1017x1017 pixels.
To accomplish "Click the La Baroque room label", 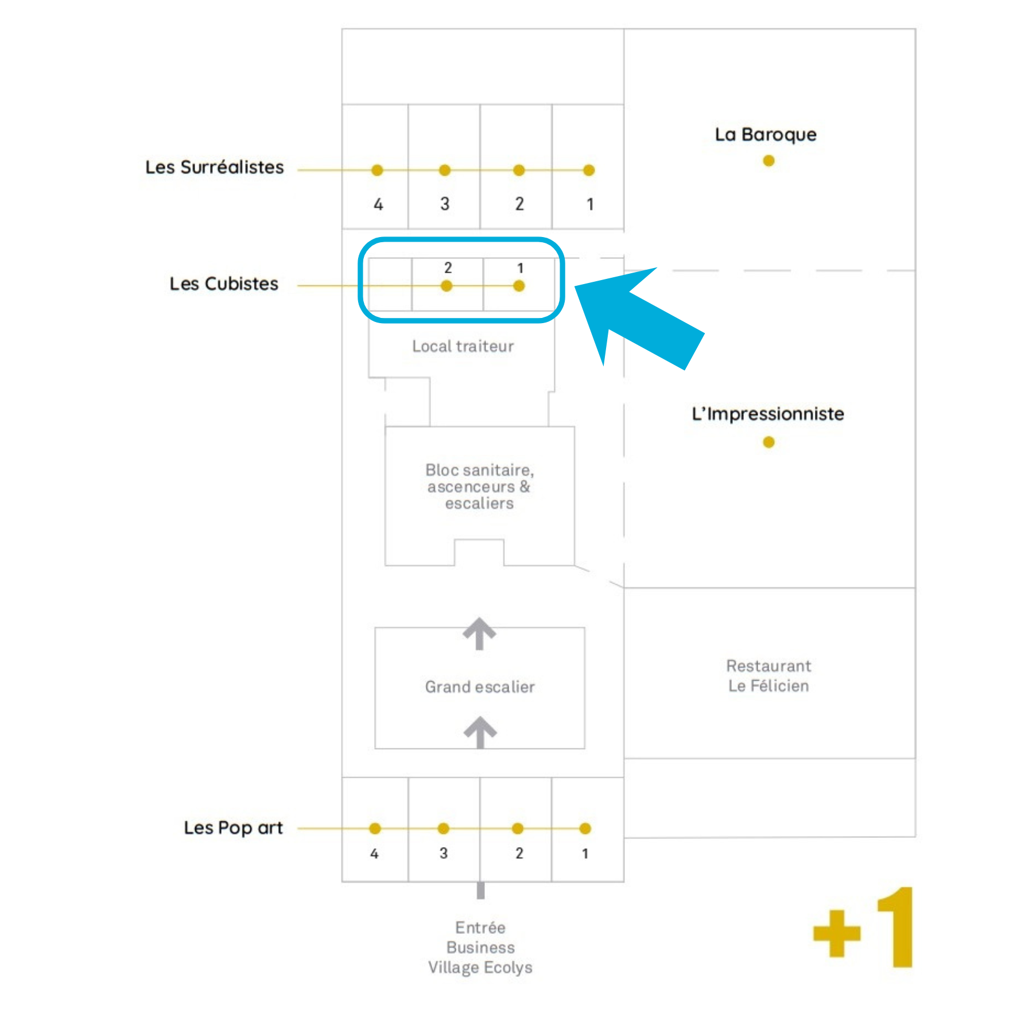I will [x=765, y=135].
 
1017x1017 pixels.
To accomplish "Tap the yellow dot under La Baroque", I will [x=768, y=161].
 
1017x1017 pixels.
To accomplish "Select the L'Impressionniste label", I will [x=767, y=414].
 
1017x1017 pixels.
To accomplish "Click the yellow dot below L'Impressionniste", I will [x=768, y=442].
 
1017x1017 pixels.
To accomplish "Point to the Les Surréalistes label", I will [x=214, y=167].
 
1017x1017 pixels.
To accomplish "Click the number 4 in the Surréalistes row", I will [x=378, y=204].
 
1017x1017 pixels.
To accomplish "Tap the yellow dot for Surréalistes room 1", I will [x=588, y=170].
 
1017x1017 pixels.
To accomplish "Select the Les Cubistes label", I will [x=224, y=284].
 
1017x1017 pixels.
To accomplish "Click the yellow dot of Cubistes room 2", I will [x=447, y=286].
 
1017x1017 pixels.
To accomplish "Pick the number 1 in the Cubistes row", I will [x=520, y=268].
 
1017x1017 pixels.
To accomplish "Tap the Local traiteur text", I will [x=463, y=346].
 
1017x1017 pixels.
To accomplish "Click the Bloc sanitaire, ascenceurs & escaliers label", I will [x=479, y=487].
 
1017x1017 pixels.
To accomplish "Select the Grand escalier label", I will [x=480, y=686].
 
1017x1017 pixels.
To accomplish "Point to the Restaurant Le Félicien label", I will [x=768, y=676].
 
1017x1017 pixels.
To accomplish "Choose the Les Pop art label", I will [x=233, y=828].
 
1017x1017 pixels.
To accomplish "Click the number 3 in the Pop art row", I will [x=444, y=853].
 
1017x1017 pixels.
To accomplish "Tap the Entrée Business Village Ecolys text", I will [x=480, y=947].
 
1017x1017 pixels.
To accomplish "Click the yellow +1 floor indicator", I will [x=864, y=927].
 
